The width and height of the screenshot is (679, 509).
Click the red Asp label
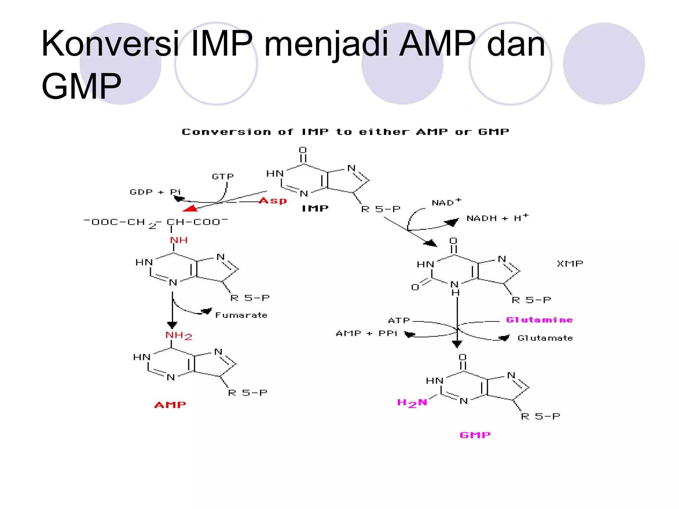(273, 201)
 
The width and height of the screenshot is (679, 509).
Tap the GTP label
(223, 177)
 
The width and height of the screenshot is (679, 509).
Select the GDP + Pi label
(155, 192)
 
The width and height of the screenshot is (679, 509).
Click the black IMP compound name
(315, 208)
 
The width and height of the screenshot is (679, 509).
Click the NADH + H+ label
(497, 218)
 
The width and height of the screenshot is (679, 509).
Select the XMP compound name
(570, 264)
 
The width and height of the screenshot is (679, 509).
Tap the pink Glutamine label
(539, 320)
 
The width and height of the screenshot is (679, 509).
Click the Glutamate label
(545, 338)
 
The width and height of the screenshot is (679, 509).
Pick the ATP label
(399, 320)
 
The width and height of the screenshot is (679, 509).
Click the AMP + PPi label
(367, 333)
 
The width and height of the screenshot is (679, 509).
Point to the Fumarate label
(241, 315)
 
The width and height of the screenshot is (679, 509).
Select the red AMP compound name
(170, 405)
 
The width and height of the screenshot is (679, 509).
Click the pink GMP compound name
(475, 435)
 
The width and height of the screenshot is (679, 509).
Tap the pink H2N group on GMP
(412, 403)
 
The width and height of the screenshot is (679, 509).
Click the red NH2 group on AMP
(178, 336)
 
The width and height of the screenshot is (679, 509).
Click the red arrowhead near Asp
(190, 208)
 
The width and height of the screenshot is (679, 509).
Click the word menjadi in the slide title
(326, 44)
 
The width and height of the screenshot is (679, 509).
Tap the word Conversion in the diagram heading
(226, 132)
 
